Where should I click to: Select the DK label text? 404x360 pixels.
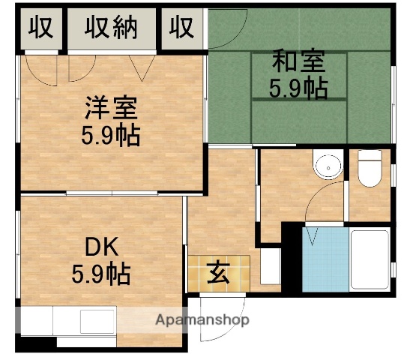point(101,247)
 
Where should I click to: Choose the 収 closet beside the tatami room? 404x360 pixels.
point(181,28)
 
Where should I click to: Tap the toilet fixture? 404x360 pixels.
point(370,170)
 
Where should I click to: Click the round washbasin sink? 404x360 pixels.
point(325,166)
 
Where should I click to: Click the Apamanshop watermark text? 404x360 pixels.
point(202,320)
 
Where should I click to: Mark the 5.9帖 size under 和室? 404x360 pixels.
point(298,88)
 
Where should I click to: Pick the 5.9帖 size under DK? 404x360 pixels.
point(101,274)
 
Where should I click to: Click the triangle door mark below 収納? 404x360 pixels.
point(140,70)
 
